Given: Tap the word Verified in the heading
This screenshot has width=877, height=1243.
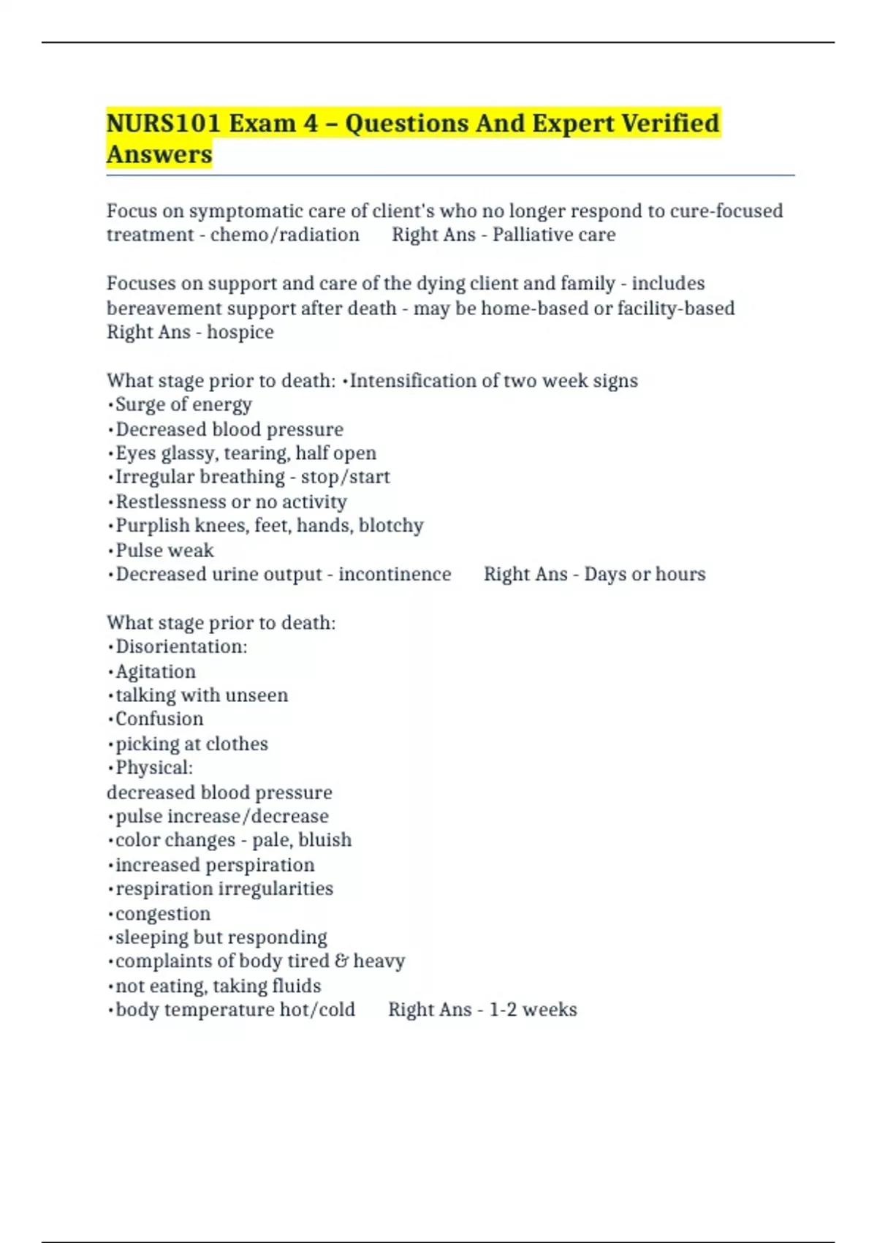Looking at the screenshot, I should point(670,123).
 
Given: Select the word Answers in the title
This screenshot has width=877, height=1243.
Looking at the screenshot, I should point(159,154).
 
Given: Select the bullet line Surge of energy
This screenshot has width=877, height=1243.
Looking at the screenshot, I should point(183,404).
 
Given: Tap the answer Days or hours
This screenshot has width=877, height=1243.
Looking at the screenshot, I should point(645,574).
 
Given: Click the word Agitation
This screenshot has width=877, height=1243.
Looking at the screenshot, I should point(156,671).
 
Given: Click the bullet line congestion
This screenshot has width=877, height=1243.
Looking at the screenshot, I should point(162,913).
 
